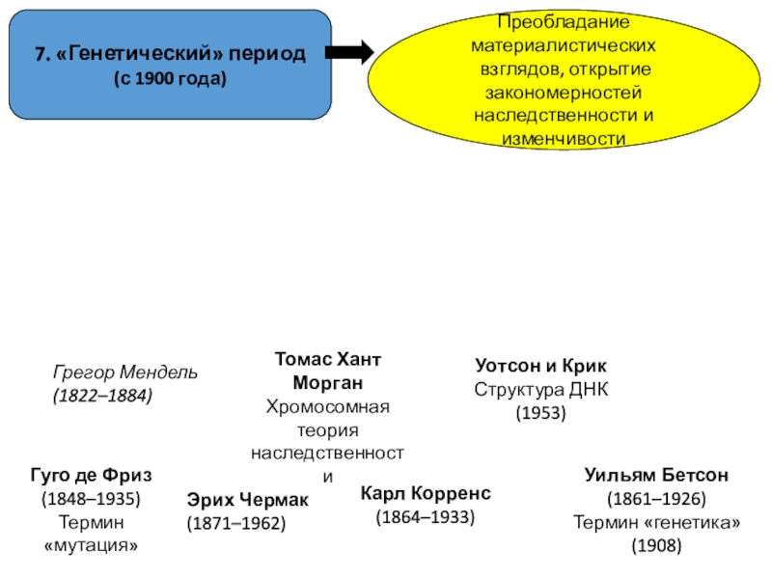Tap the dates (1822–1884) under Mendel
pyautogui.click(x=101, y=396)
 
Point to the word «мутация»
pyautogui.click(x=91, y=546)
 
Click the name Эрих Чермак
pyautogui.click(x=248, y=500)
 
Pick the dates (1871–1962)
pyautogui.click(x=235, y=524)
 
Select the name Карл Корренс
pyautogui.click(x=426, y=493)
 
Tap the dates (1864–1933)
pyautogui.click(x=426, y=517)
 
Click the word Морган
pyautogui.click(x=327, y=383)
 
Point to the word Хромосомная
pyautogui.click(x=327, y=406)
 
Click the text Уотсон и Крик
pyautogui.click(x=541, y=367)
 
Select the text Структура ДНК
pyautogui.click(x=541, y=390)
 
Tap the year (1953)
pyautogui.click(x=540, y=413)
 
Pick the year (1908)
pyautogui.click(x=656, y=546)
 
